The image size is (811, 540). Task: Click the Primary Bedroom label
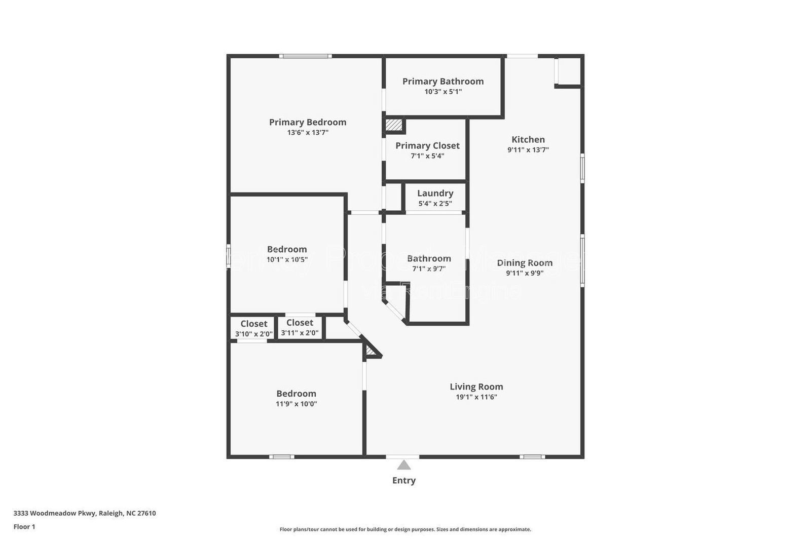click(x=307, y=122)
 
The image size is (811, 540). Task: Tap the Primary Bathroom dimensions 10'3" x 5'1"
click(x=443, y=92)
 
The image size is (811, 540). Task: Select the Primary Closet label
click(x=427, y=146)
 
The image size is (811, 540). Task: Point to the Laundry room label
click(x=435, y=194)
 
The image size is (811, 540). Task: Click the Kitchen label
click(x=528, y=140)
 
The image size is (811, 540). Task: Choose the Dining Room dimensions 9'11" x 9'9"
click(x=525, y=273)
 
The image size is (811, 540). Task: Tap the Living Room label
click(x=476, y=387)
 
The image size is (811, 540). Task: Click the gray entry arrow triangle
click(x=403, y=465)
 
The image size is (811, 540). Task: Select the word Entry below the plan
click(x=403, y=481)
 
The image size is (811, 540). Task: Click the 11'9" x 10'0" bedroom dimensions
click(x=296, y=404)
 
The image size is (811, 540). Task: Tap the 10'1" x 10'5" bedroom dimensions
click(x=287, y=260)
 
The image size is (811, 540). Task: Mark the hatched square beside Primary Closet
click(x=393, y=125)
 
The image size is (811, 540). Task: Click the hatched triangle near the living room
click(x=372, y=350)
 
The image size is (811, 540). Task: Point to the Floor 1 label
click(x=24, y=527)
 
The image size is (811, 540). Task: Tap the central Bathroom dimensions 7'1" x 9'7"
click(x=428, y=269)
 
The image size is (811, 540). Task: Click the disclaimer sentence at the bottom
click(x=405, y=529)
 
